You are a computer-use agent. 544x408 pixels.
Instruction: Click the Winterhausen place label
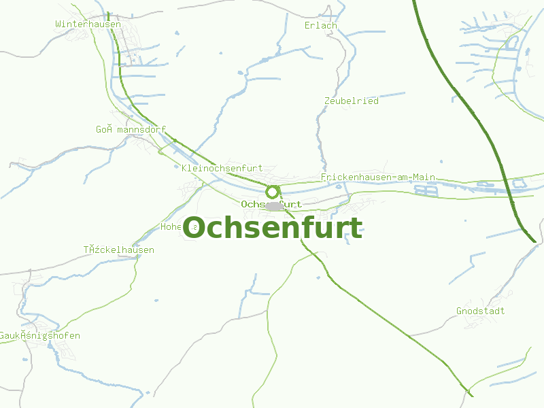[88, 24]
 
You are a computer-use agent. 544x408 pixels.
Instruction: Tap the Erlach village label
[321, 26]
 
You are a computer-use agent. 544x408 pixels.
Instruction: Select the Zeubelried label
[351, 101]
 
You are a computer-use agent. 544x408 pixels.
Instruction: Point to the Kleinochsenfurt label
[222, 168]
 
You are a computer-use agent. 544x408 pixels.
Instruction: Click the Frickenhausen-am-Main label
[377, 177]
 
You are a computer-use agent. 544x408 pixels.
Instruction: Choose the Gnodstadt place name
[480, 311]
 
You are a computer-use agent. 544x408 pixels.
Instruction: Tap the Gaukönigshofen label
[39, 336]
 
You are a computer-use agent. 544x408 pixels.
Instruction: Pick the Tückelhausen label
[119, 250]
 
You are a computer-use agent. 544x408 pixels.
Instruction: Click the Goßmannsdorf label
[131, 129]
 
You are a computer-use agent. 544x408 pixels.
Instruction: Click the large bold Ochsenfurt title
[272, 228]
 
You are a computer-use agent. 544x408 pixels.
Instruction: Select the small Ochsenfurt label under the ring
[271, 204]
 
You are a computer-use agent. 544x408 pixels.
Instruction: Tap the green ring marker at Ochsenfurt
[273, 192]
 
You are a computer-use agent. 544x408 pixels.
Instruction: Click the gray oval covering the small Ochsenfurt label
[273, 205]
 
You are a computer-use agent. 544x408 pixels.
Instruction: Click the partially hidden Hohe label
[171, 226]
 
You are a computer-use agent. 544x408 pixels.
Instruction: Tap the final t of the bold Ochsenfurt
[356, 228]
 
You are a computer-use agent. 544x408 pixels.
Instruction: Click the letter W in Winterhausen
[58, 24]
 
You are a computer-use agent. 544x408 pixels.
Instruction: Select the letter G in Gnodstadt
[459, 311]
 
